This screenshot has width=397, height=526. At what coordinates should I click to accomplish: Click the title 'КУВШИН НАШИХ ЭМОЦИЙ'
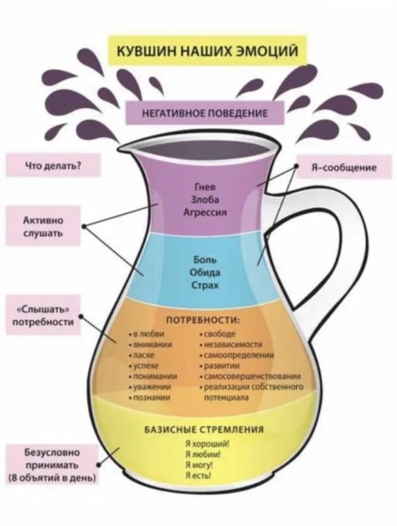[206, 50]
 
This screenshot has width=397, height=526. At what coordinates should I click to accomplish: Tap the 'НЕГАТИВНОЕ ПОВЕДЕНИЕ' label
[204, 113]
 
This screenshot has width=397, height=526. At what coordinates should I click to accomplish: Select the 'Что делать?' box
[53, 165]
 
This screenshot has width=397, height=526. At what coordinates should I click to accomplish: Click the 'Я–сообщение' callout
[344, 167]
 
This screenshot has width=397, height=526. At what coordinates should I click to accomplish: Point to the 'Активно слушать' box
[43, 227]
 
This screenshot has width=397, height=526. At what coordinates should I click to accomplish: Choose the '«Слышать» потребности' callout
[43, 315]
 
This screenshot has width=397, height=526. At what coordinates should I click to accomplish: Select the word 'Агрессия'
[205, 213]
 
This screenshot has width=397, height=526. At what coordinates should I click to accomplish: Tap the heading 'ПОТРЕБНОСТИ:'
[203, 321]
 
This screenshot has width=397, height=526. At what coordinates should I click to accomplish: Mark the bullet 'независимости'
[231, 344]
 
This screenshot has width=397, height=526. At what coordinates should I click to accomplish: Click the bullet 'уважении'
[150, 387]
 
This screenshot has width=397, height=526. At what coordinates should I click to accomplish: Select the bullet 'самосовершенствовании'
[250, 376]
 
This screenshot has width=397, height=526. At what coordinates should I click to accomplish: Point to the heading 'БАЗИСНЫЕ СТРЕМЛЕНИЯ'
[204, 430]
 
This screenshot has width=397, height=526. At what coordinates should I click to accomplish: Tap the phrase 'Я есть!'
[198, 475]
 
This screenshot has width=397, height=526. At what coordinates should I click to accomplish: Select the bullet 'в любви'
[147, 334]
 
